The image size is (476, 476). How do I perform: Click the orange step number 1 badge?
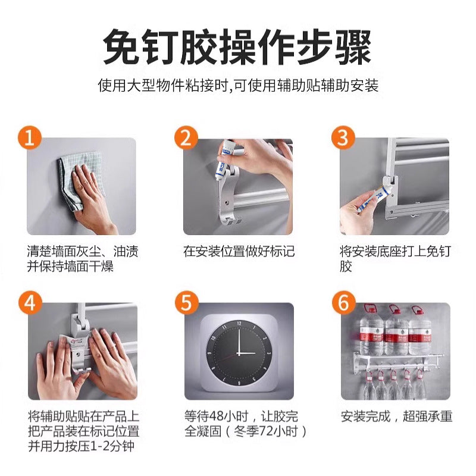(29, 138)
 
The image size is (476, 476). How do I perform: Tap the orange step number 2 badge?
(186, 138)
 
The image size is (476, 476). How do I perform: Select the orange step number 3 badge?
(343, 138)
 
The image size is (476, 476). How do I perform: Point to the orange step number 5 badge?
(187, 303)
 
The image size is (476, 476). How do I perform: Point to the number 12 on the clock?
(239, 323)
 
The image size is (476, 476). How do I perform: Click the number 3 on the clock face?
(269, 353)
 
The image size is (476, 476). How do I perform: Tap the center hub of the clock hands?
(239, 353)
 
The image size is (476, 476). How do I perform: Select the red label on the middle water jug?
(396, 337)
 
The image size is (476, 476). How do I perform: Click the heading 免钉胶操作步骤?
(237, 46)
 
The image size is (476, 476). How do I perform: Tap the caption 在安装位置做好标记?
(239, 252)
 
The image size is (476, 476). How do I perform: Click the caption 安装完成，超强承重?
(396, 416)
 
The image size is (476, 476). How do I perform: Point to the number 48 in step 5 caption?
(217, 416)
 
